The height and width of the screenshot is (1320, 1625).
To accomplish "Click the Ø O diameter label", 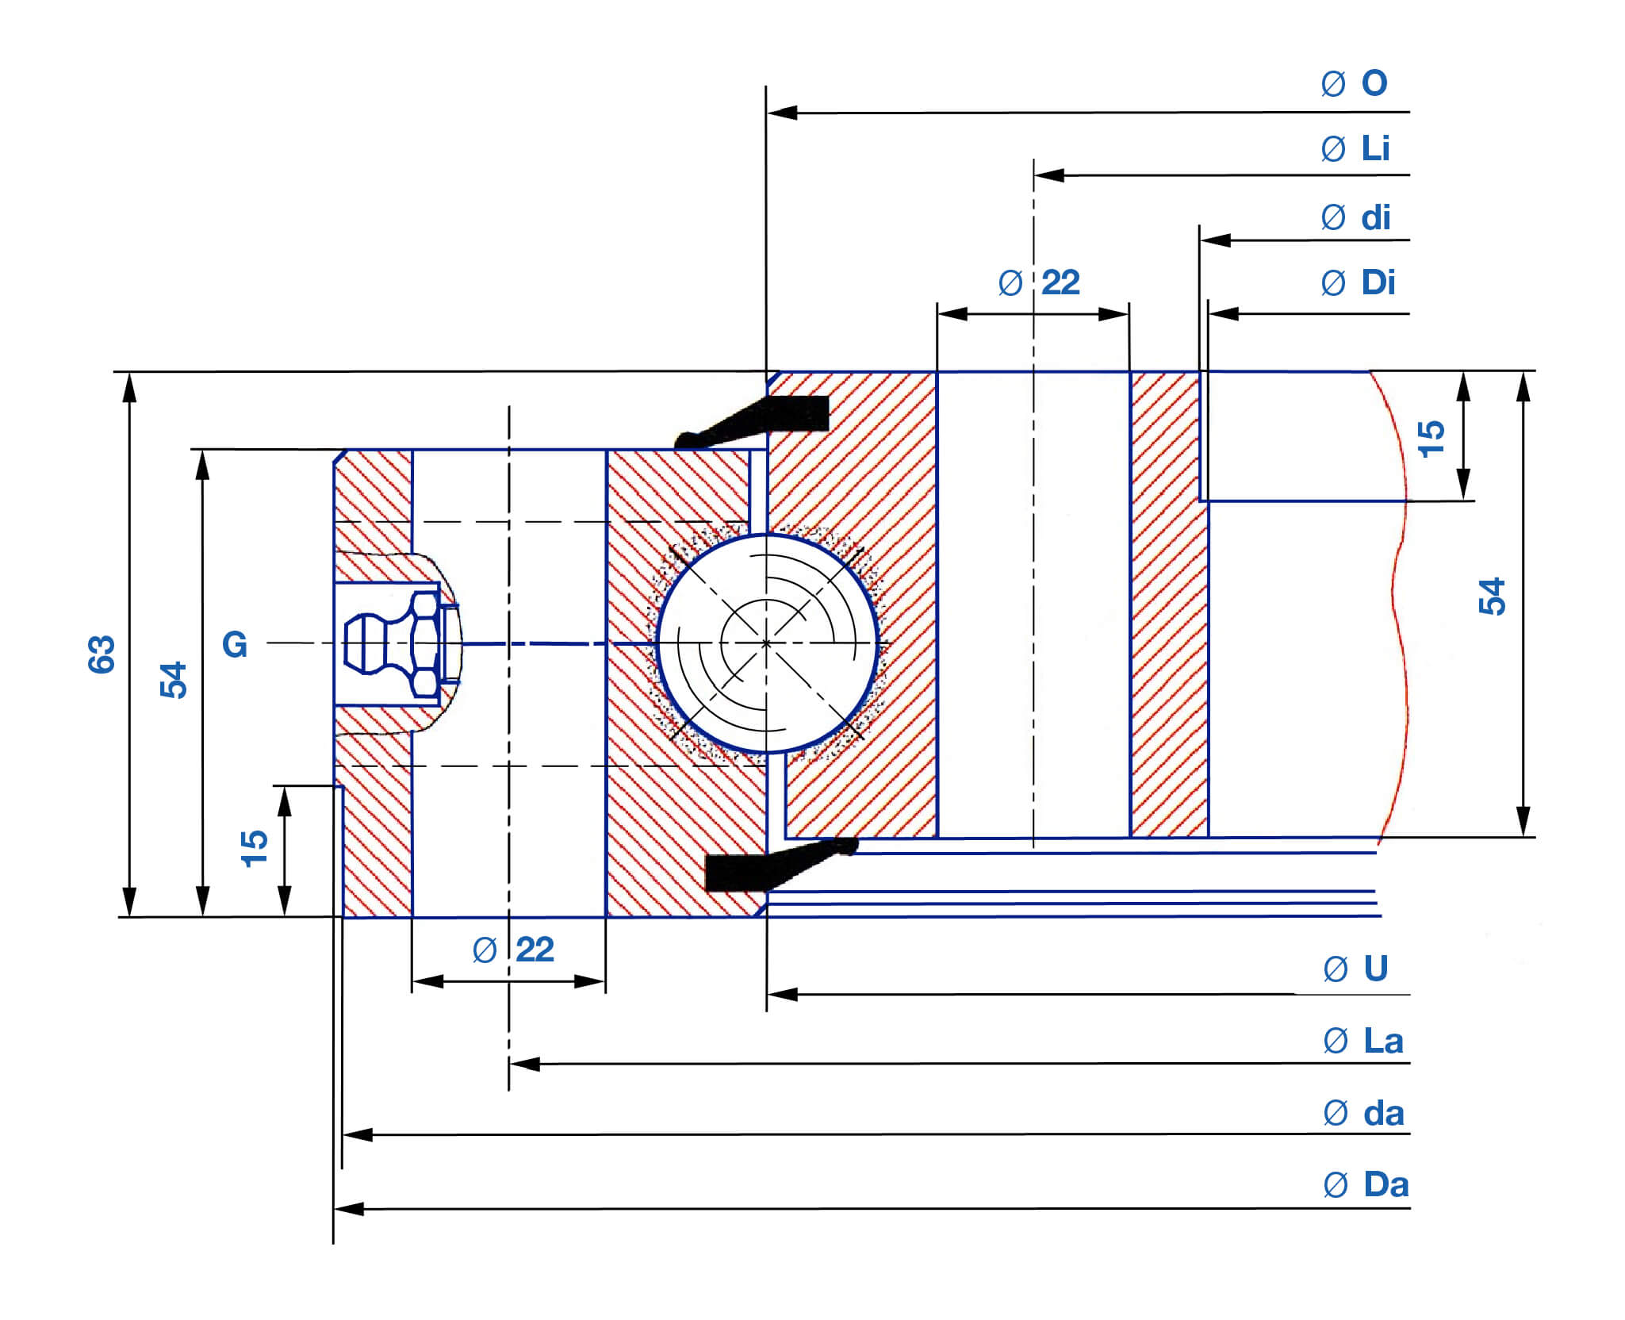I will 1355,83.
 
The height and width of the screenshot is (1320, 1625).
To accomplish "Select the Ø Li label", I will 1355,149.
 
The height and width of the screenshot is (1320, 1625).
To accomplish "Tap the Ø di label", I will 1355,218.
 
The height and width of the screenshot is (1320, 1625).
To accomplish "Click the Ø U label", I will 1356,969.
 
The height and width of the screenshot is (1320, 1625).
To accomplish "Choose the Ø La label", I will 1363,1042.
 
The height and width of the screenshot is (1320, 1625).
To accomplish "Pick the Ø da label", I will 1363,1114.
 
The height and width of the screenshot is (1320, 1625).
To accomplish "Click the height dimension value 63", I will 102,654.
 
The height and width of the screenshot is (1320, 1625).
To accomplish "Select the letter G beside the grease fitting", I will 235,644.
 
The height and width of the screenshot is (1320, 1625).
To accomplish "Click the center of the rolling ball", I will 766,643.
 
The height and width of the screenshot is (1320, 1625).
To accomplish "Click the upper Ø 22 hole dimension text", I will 1039,283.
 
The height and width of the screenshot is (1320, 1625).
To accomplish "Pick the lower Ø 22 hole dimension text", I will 513,950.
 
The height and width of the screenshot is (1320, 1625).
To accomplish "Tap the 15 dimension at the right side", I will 1431,439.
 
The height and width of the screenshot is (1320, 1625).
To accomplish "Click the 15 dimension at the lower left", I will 255,849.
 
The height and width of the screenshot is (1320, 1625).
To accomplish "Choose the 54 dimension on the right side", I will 1492,597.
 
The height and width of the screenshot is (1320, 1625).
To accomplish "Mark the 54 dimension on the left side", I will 174,680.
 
